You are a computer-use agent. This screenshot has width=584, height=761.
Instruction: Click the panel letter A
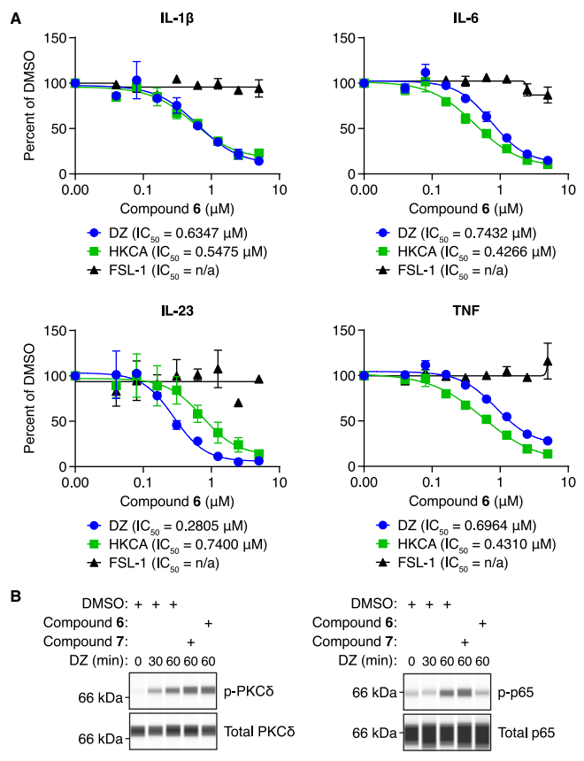pos(15,17)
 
